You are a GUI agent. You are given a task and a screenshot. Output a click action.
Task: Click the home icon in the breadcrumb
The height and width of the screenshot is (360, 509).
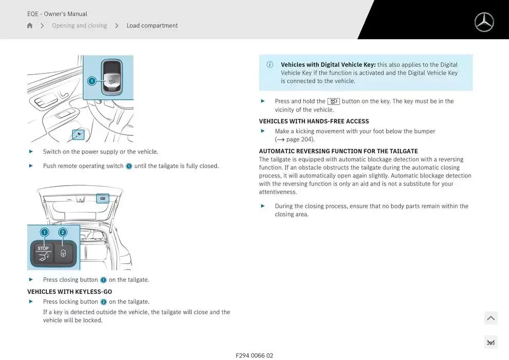(30, 26)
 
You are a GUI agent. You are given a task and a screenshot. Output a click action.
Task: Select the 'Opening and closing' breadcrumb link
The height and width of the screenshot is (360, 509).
(79, 26)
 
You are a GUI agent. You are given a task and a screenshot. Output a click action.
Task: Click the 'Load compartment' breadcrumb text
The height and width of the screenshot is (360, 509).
(152, 26)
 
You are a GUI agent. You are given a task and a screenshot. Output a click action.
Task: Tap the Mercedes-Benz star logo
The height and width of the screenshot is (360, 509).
(484, 22)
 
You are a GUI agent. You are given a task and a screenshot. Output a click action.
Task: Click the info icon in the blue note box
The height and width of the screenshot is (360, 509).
(270, 65)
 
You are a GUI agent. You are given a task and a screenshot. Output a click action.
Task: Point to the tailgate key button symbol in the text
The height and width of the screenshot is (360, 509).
(333, 101)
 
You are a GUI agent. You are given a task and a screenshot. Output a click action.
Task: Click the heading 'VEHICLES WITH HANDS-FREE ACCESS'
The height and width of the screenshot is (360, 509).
(314, 121)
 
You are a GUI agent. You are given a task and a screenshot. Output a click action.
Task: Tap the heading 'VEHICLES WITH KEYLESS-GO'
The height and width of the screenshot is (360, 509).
(69, 292)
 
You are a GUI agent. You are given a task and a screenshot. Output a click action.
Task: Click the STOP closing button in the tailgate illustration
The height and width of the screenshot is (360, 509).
(43, 254)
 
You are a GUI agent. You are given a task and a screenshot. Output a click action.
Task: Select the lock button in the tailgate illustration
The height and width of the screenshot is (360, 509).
(63, 254)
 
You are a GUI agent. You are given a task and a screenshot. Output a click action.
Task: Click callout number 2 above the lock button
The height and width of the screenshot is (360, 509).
(63, 232)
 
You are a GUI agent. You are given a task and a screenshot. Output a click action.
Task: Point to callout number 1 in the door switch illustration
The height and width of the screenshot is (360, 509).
(92, 81)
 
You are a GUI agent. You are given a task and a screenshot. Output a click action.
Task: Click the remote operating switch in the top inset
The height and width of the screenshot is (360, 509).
(112, 78)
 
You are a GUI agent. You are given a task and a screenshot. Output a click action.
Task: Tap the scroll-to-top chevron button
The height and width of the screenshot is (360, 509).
(490, 318)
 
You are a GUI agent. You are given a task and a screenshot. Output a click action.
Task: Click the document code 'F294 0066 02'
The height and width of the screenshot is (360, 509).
(254, 355)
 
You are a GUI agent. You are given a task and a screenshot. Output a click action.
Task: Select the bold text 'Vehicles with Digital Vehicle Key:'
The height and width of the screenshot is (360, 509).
(328, 65)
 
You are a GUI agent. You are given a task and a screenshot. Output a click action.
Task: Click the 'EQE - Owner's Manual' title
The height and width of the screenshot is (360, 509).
(57, 14)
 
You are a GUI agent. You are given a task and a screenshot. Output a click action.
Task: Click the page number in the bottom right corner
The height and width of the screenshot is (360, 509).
(490, 343)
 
